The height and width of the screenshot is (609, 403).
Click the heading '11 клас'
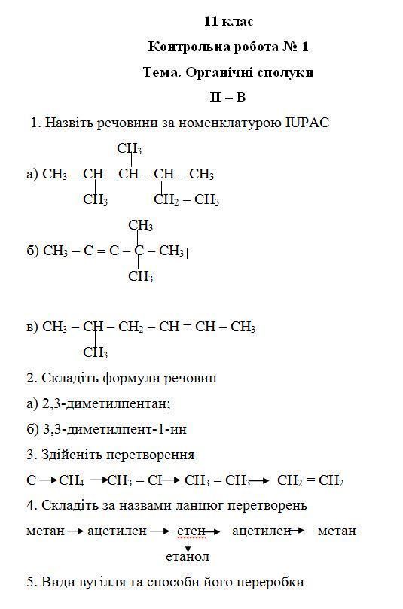(227, 21)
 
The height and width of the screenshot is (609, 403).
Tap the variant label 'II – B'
(227, 97)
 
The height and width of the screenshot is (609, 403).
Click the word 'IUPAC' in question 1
(307, 123)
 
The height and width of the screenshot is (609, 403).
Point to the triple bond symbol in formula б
(102, 251)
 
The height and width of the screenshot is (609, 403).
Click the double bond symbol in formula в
(187, 327)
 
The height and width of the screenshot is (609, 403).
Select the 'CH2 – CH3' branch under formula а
(186, 199)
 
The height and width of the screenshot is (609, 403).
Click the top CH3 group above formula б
(141, 225)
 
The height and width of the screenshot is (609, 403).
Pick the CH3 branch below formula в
(95, 352)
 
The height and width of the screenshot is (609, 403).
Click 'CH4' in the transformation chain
(72, 480)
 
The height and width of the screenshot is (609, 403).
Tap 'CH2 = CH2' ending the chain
(310, 480)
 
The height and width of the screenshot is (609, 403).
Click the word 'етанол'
(188, 557)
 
